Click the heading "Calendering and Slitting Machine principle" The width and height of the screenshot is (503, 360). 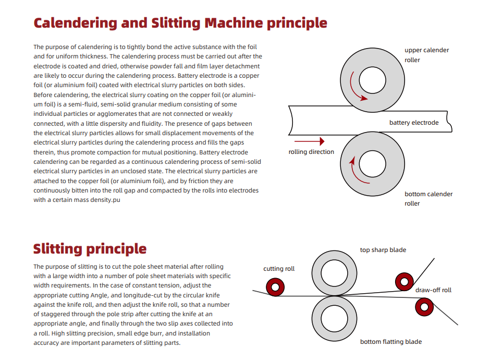pyautogui.click(x=180, y=23)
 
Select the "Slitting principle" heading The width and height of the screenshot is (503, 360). pyautogui.click(x=90, y=249)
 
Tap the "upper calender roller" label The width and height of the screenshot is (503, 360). pyautogui.click(x=426, y=55)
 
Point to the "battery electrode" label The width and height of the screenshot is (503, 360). pyautogui.click(x=414, y=123)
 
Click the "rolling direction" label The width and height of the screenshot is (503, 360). pyautogui.click(x=311, y=152)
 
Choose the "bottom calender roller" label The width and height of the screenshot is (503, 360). pyautogui.click(x=428, y=199)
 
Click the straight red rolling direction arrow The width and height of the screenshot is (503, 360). pyautogui.click(x=310, y=141)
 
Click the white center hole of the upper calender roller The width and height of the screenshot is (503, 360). pyautogui.click(x=372, y=79)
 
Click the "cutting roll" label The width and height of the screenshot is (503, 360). pyautogui.click(x=279, y=269)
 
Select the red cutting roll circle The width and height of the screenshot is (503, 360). pyautogui.click(x=275, y=286)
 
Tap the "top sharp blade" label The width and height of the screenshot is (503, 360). pyautogui.click(x=383, y=250)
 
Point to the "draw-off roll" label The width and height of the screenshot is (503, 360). pyautogui.click(x=433, y=290)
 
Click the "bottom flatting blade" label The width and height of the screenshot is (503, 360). pyautogui.click(x=391, y=342)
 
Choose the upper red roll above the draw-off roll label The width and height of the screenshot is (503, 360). pyautogui.click(x=404, y=281)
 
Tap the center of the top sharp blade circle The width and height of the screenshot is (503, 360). pyautogui.click(x=336, y=272)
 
